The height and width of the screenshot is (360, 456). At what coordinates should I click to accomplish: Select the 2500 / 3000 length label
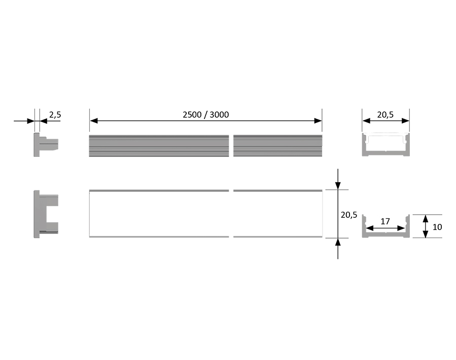206,114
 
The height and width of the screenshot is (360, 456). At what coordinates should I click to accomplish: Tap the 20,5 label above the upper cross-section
385,115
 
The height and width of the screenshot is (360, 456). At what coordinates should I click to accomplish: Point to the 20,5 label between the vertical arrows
348,215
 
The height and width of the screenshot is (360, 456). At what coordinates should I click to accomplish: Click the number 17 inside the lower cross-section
385,221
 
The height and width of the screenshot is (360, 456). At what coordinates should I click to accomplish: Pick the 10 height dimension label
437,226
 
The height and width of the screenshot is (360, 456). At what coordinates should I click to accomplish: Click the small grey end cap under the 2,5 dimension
46,145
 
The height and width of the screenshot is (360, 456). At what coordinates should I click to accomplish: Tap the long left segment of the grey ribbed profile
159,146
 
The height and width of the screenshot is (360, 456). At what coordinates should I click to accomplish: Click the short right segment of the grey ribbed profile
277,146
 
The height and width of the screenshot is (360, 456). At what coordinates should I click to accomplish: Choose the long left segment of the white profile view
159,214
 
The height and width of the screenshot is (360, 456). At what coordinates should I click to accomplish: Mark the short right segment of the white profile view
277,214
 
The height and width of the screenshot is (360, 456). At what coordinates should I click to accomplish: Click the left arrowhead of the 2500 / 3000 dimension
93,120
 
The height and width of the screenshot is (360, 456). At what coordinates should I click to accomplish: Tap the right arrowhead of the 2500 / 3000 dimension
318,120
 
